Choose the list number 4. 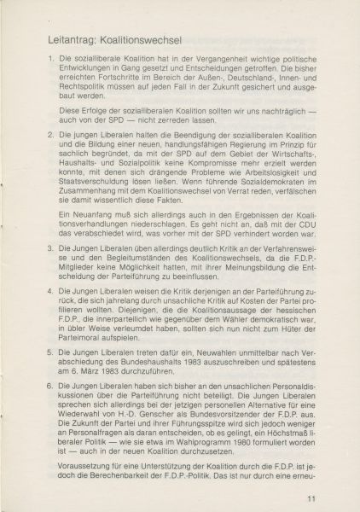pos(49,291)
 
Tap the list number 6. pos(49,384)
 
